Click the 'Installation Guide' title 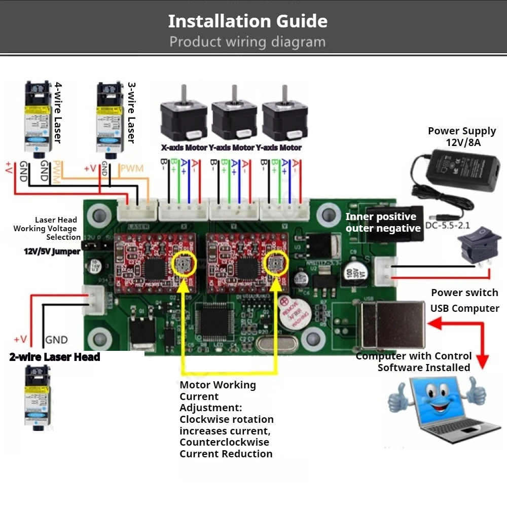point(247,21)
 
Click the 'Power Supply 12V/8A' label point(461,136)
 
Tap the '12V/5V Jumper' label point(52,251)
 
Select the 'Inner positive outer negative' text point(383,223)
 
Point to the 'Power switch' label point(464,293)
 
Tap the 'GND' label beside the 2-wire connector point(56,340)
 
